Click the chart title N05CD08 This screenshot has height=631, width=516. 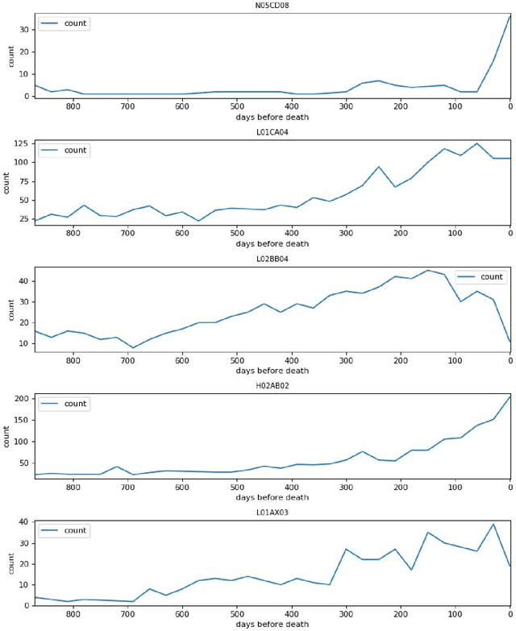point(272,5)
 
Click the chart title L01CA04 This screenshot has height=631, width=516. point(272,132)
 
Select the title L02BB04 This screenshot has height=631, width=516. point(272,259)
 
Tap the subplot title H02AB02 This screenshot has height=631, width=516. point(272,386)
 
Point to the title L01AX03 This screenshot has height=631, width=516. point(272,513)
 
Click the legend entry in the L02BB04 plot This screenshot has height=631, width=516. point(481,277)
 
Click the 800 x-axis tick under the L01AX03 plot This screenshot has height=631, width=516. point(73,613)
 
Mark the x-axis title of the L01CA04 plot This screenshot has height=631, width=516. point(272,244)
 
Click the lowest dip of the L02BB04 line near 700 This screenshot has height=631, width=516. point(133,348)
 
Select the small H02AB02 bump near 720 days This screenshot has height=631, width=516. point(117,467)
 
